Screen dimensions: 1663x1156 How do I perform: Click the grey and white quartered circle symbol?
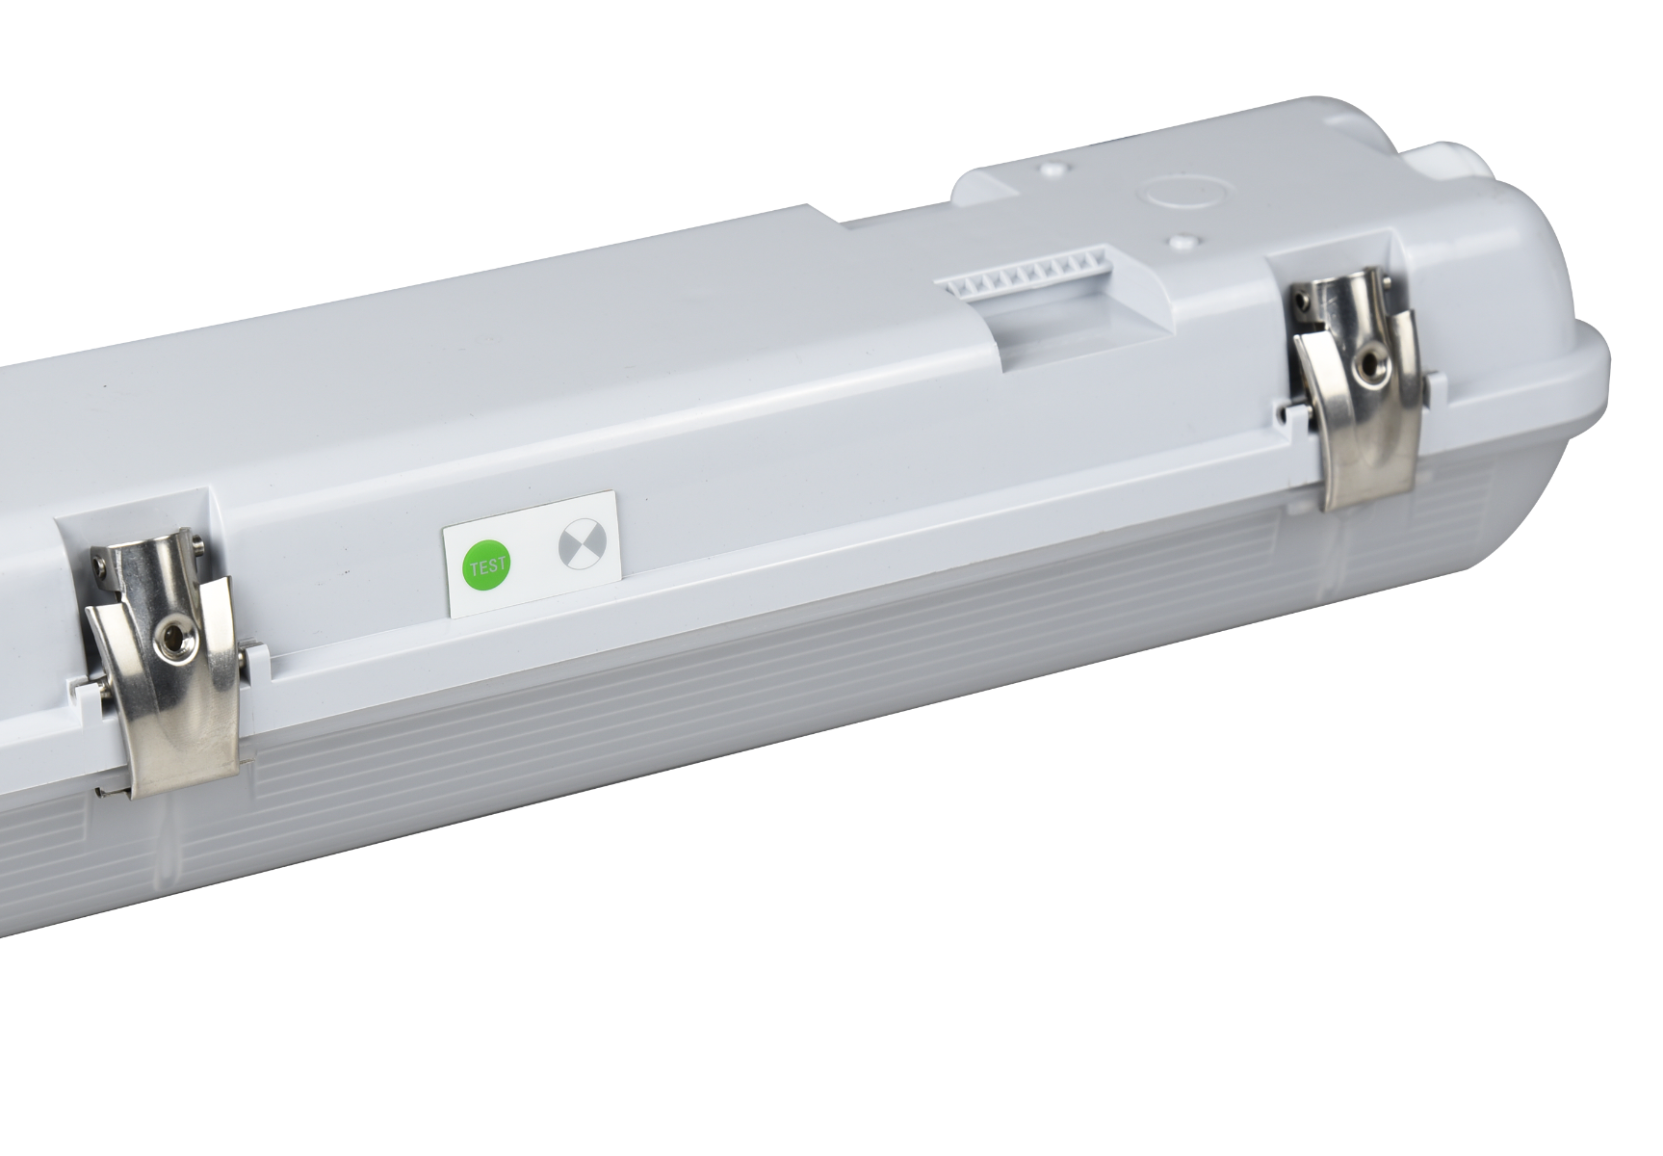point(578,548)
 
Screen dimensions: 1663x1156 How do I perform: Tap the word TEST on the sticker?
point(487,566)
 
